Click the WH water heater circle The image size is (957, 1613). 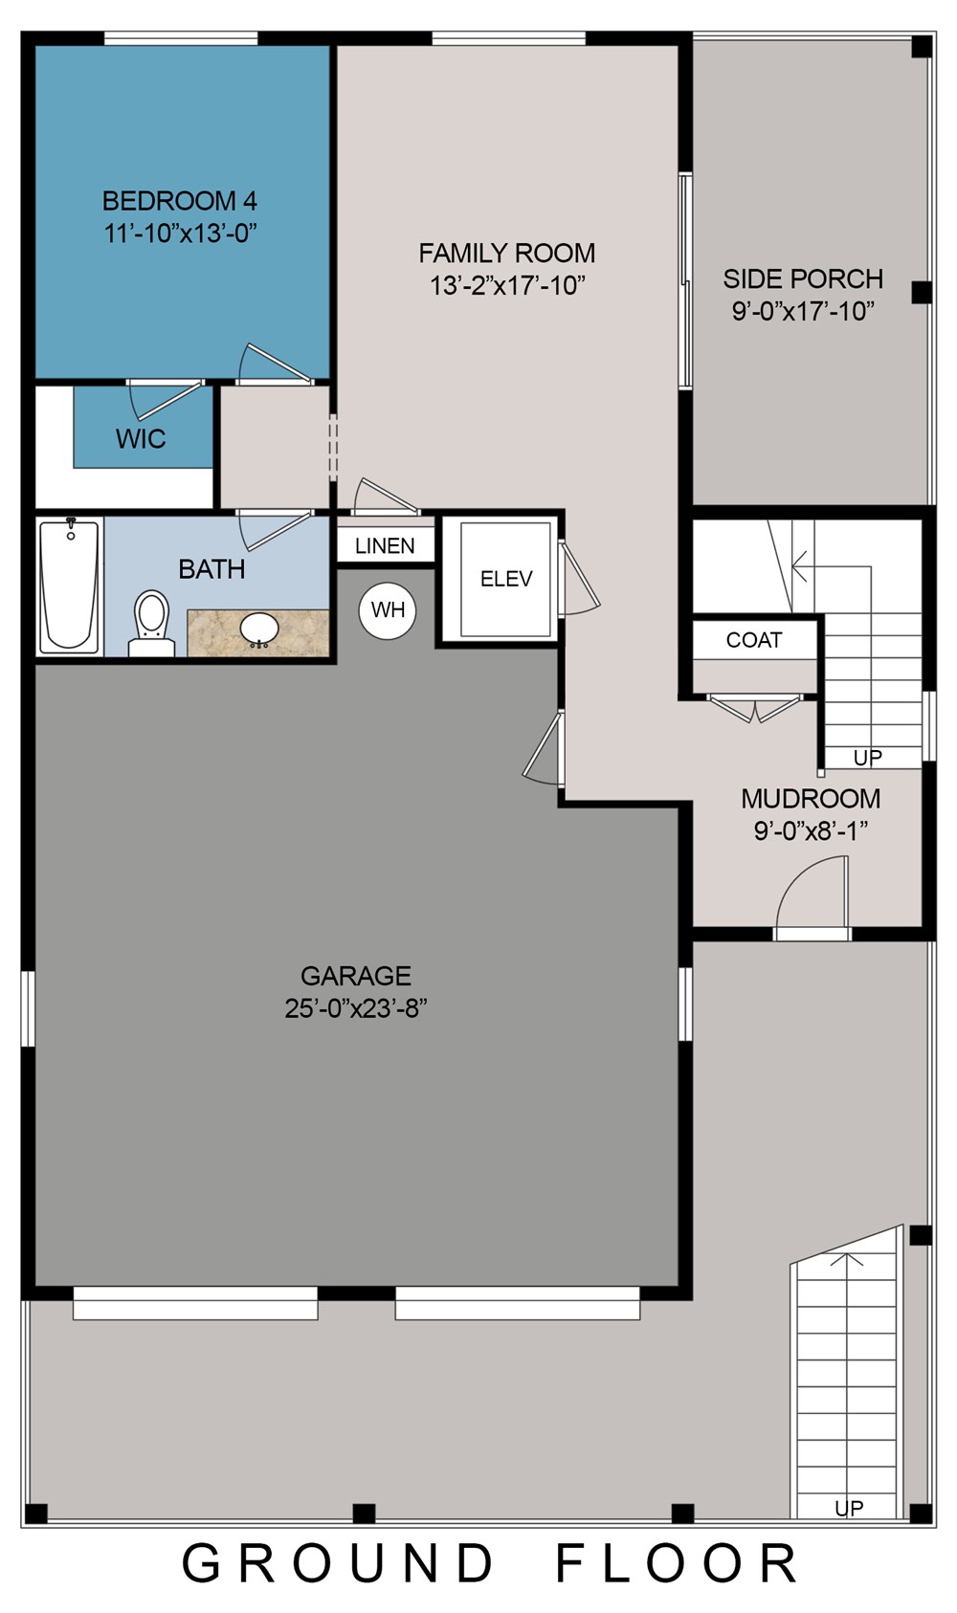(x=388, y=610)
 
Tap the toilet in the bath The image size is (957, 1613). (x=151, y=624)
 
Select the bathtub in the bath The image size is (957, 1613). (x=69, y=586)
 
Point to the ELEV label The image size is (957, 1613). (x=506, y=579)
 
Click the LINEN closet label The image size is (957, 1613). (x=386, y=546)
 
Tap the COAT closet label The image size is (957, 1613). (x=754, y=640)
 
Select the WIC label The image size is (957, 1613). (x=141, y=438)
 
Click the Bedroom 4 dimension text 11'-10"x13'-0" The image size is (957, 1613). (x=181, y=233)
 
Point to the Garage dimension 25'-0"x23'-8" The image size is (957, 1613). (x=356, y=1009)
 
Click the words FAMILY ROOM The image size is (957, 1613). (x=507, y=254)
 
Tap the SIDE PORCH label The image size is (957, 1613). (x=803, y=278)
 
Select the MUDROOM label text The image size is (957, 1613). (x=811, y=799)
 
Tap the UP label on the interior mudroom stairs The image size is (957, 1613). (x=868, y=758)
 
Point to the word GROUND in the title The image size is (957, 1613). (x=337, y=1564)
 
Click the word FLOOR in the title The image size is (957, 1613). (x=677, y=1564)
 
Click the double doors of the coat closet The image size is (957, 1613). (x=755, y=708)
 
